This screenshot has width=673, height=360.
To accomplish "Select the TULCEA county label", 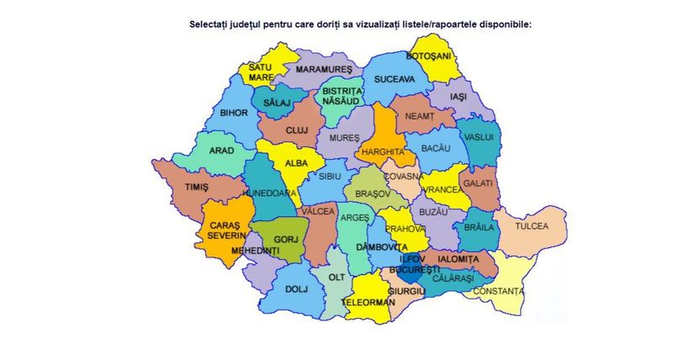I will [x=532, y=226].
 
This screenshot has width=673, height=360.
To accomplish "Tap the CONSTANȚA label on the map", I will [x=498, y=291].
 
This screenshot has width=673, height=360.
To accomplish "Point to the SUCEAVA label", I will [x=395, y=79].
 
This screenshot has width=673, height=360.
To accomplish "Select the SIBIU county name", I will [x=329, y=176].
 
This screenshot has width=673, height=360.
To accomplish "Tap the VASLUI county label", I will [x=478, y=136].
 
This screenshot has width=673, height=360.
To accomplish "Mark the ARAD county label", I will [x=221, y=151].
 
